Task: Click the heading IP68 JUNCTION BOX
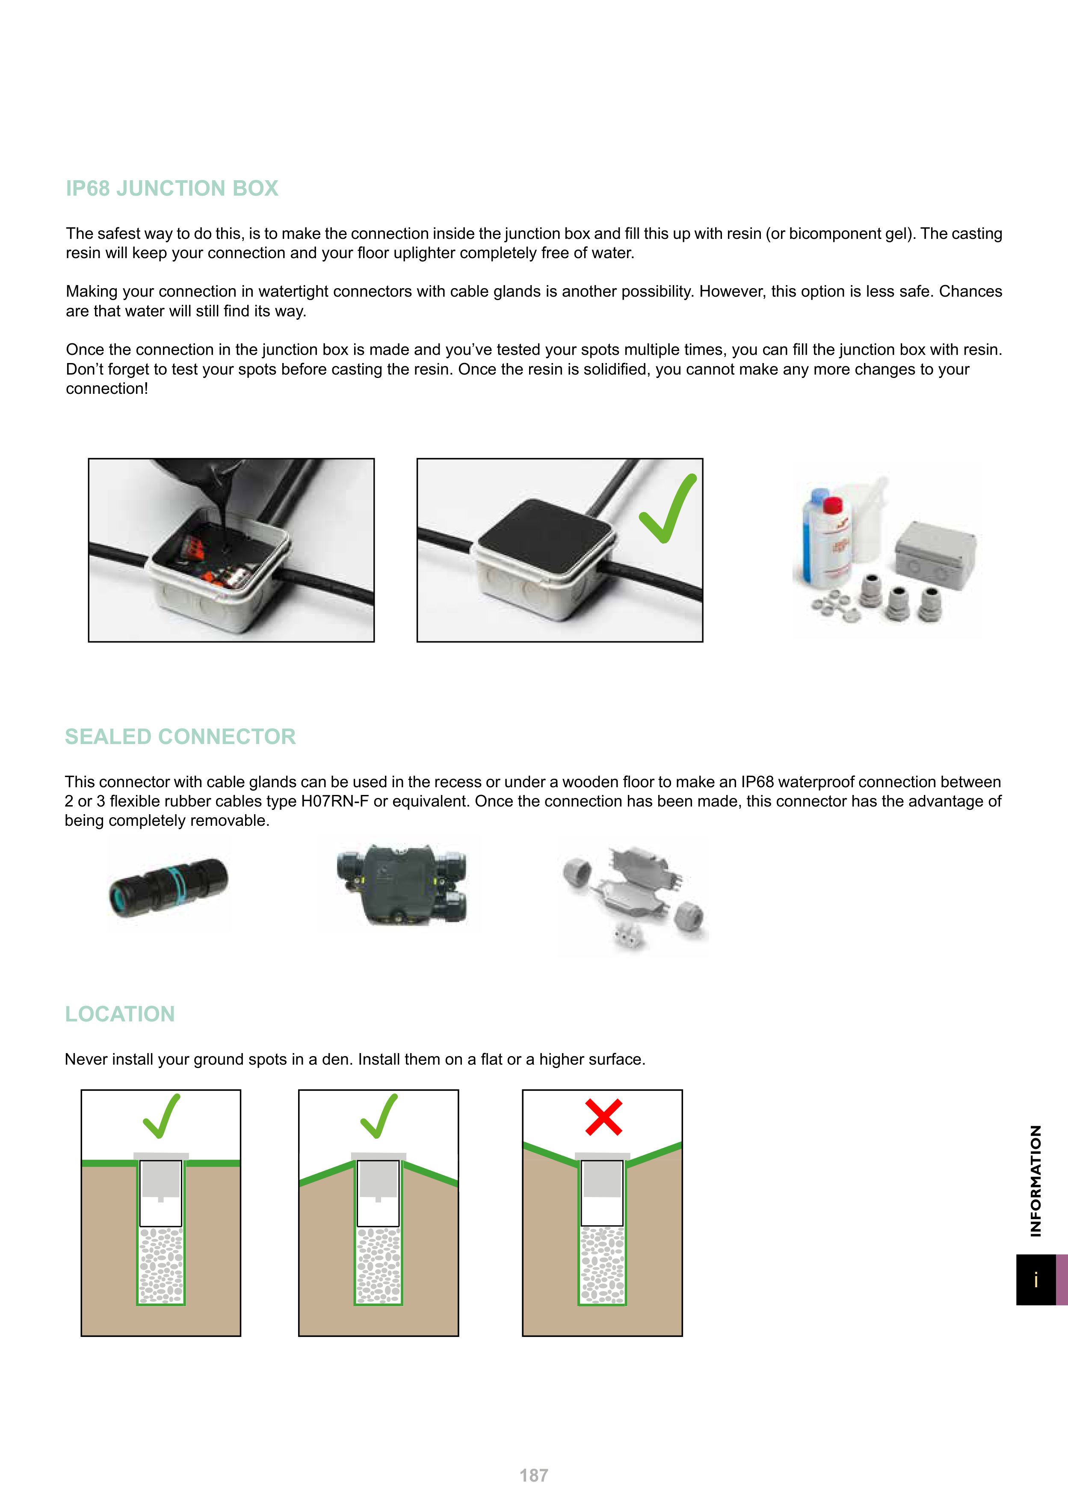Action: point(172,188)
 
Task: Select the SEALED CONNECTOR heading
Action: point(180,736)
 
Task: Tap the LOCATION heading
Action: point(120,1014)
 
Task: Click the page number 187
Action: point(534,1476)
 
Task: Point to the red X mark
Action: point(604,1117)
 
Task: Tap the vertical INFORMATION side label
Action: point(1036,1180)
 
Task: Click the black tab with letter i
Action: point(1036,1280)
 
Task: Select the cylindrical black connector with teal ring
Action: point(169,887)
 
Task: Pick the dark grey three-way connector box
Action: point(401,884)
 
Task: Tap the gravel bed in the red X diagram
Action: point(602,1265)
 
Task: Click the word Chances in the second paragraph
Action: point(970,292)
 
